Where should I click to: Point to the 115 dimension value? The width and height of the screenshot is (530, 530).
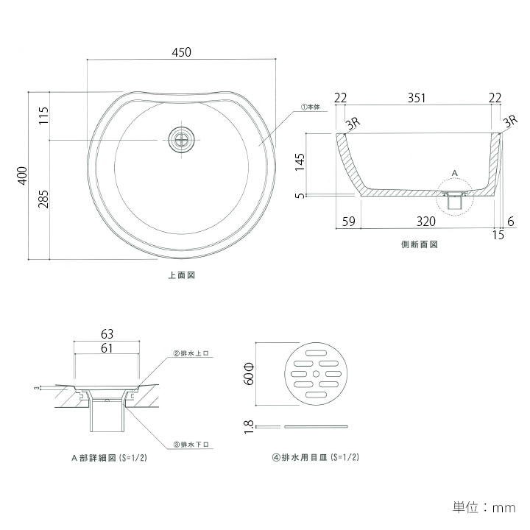point(43,116)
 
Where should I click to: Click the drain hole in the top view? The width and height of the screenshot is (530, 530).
point(182,140)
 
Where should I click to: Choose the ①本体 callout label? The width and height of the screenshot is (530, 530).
point(310,107)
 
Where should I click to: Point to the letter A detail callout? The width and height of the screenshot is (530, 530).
point(454,172)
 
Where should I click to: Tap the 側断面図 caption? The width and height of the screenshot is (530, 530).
point(419,244)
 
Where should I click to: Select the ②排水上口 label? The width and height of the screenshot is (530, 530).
point(191,353)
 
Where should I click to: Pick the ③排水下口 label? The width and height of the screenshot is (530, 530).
point(191,445)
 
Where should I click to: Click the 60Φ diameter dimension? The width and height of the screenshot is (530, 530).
point(249,373)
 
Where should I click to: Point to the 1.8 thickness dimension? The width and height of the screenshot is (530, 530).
point(249,425)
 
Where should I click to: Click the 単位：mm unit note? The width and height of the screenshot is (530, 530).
point(483,507)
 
